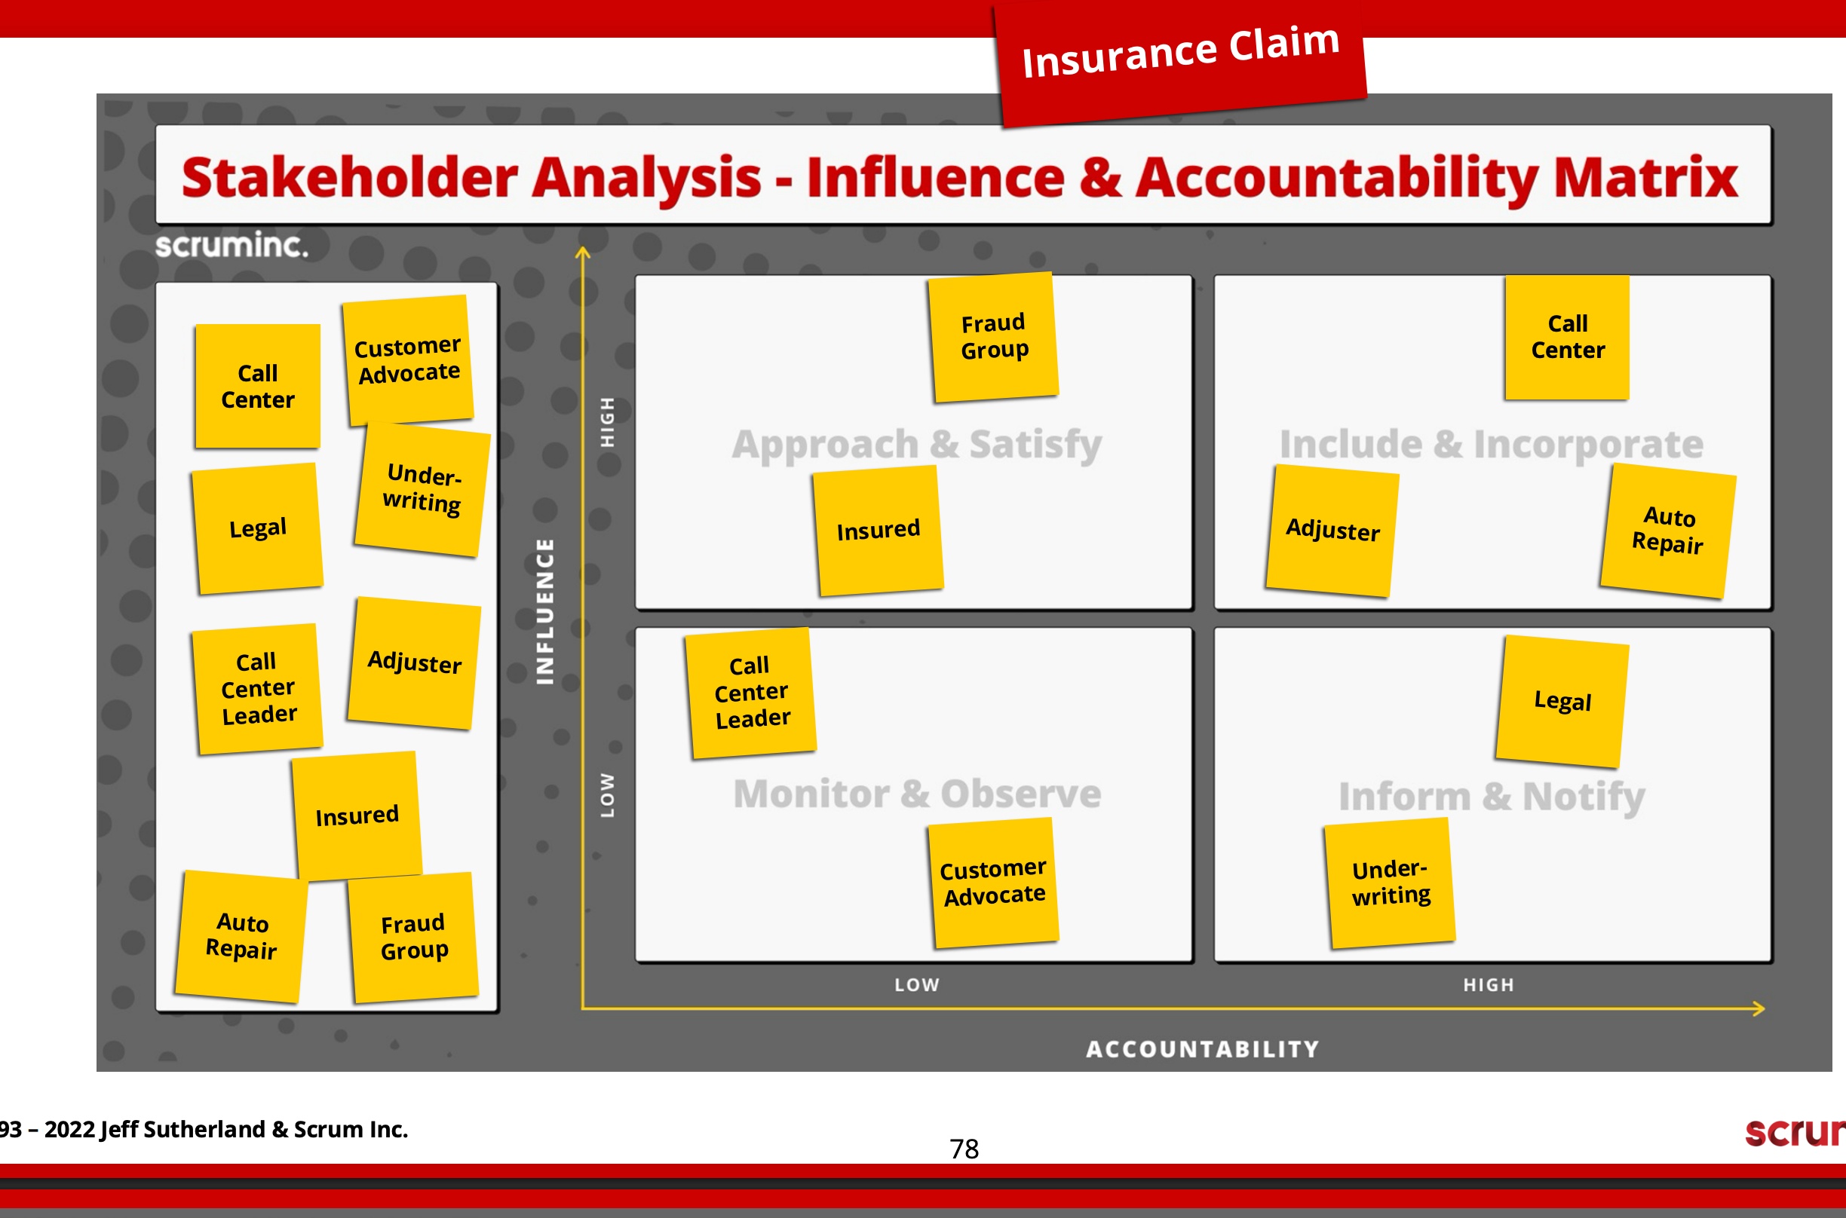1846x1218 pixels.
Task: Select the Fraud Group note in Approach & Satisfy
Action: pos(994,337)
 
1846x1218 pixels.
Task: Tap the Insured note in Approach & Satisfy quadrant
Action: pos(878,531)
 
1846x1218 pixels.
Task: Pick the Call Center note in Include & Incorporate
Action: pos(1567,337)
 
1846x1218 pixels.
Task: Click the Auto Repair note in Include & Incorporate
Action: pos(1668,531)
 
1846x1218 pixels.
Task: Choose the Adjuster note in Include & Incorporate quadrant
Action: pos(1332,531)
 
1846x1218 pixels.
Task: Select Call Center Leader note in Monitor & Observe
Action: pos(750,692)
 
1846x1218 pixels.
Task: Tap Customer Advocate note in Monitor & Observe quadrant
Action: pos(994,883)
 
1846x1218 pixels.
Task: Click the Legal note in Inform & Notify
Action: pos(1562,702)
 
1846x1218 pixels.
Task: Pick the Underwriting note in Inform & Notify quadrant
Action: pos(1390,883)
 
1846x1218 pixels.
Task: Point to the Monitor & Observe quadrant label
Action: pos(917,794)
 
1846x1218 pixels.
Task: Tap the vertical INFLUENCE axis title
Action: pos(545,611)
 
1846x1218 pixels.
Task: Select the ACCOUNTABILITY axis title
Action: pos(1203,1049)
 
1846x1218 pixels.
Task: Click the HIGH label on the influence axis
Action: pos(608,422)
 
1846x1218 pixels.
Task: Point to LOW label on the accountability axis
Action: pos(917,985)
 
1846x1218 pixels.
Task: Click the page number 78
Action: pos(964,1149)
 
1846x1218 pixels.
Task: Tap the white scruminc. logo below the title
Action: pos(232,246)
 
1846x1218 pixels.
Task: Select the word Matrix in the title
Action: pos(1645,178)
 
